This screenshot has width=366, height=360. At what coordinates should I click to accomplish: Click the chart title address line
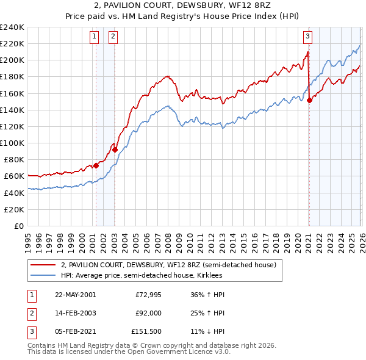click(183, 6)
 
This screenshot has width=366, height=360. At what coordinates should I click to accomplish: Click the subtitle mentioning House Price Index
click(183, 16)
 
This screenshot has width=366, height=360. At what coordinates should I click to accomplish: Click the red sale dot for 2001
click(96, 165)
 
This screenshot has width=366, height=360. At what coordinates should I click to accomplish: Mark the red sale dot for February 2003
click(115, 149)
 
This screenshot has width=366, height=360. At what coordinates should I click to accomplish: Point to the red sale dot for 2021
click(309, 101)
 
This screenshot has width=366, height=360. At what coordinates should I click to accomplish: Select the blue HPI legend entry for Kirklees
click(141, 276)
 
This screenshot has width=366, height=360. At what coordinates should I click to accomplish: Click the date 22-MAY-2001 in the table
click(75, 295)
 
